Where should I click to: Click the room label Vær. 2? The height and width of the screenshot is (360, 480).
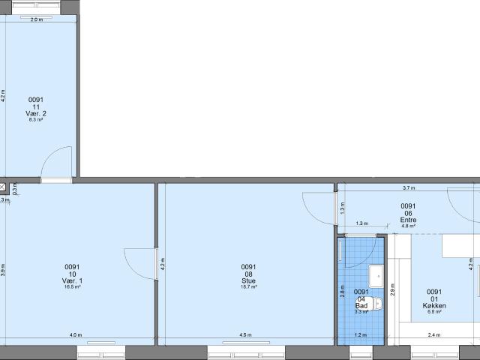[x=36, y=113]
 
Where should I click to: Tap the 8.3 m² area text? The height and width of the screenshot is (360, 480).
[x=36, y=119]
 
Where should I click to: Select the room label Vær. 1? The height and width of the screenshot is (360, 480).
[x=72, y=280]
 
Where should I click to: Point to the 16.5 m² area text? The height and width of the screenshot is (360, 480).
[x=72, y=286]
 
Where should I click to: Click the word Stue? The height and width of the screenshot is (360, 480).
[x=248, y=280]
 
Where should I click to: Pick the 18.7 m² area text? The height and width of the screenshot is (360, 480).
[x=248, y=286]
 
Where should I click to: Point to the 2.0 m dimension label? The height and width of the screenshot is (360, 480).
[x=36, y=19]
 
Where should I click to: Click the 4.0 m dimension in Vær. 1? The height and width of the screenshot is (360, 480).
[x=76, y=335]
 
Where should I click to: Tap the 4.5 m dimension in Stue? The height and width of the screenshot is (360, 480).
[x=245, y=335]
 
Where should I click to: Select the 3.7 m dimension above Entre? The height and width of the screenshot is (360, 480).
[x=409, y=188]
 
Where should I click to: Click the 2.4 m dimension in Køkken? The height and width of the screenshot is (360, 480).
[x=434, y=335]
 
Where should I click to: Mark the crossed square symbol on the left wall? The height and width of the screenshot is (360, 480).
[x=3, y=185]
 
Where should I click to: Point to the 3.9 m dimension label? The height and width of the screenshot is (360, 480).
[x=4, y=266]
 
